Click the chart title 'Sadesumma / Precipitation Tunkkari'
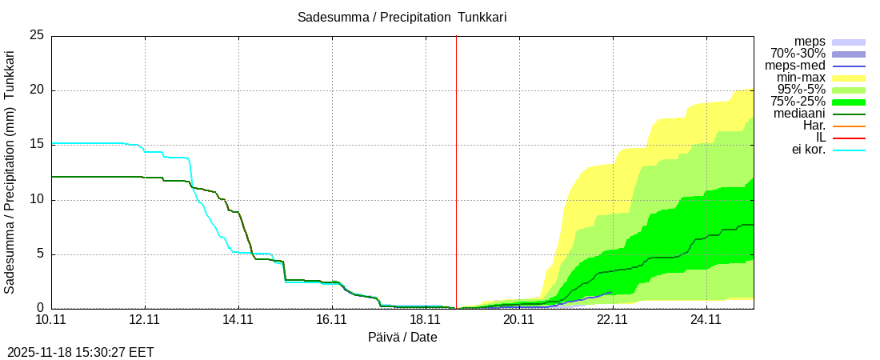tap(402, 17)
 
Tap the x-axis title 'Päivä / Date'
tap(402, 337)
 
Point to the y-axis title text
tap(10, 172)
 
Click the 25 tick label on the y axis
tap(36, 36)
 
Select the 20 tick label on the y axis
tap(36, 90)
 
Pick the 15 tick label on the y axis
tap(36, 145)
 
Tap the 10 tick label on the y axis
tap(36, 200)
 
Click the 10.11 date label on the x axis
tap(51, 321)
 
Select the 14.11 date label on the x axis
tap(238, 321)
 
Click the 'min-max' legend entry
tap(801, 78)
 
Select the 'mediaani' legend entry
tap(799, 114)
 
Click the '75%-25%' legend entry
tap(798, 102)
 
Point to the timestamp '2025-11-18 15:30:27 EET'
tap(81, 352)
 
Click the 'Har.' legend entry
tap(814, 126)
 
